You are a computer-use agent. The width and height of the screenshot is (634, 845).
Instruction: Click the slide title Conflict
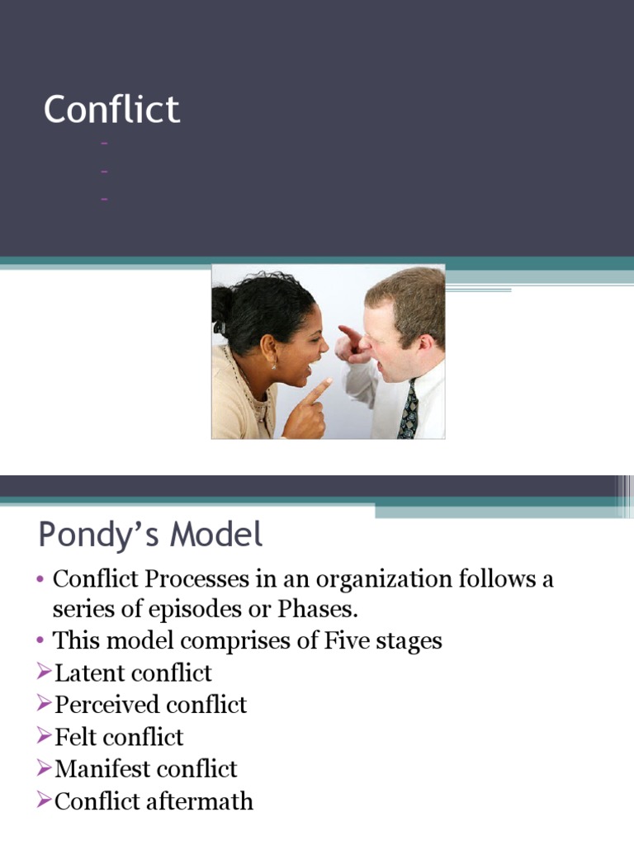coord(111,110)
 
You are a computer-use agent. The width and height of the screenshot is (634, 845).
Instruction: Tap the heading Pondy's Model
coord(150,536)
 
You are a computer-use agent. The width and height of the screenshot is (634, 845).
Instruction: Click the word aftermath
coord(205,800)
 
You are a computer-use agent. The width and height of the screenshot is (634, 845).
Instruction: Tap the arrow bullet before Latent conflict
coord(45,673)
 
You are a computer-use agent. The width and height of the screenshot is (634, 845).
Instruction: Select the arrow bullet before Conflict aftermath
coord(45,800)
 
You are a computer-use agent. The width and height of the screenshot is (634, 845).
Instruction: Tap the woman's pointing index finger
coord(322,386)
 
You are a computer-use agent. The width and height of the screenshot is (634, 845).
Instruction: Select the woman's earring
coord(274,365)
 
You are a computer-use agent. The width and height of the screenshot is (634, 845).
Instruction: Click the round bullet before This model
coord(40,641)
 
